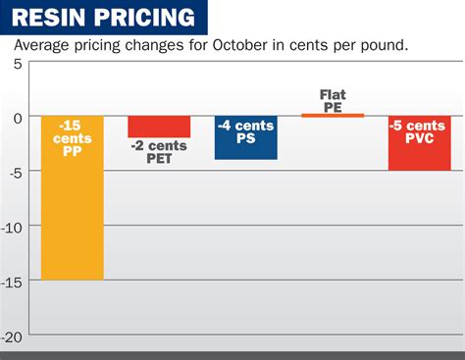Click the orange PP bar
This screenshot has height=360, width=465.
click(72, 216)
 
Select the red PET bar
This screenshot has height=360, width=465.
click(159, 127)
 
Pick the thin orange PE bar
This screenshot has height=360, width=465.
click(333, 116)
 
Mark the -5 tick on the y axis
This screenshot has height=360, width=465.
click(14, 172)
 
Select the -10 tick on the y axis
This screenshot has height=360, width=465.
click(12, 227)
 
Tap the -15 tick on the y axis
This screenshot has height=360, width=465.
click(12, 281)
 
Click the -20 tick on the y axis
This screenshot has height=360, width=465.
click(12, 334)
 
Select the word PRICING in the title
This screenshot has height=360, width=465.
click(145, 17)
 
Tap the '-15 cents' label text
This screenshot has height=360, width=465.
click(72, 132)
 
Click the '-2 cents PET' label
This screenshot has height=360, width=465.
click(159, 152)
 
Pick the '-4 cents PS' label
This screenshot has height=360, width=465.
click(245, 130)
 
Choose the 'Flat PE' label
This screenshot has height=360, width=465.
click(333, 101)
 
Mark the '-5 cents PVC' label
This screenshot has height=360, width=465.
click(419, 130)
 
